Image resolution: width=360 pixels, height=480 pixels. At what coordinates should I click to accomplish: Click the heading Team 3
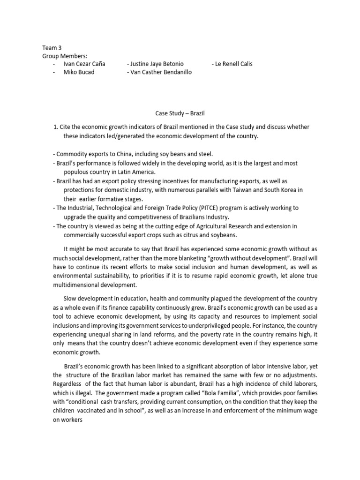pyautogui.click(x=52, y=48)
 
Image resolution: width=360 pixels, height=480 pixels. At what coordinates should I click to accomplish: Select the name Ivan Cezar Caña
pyautogui.click(x=84, y=64)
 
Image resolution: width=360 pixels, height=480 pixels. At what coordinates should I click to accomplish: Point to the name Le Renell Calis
pyautogui.click(x=232, y=64)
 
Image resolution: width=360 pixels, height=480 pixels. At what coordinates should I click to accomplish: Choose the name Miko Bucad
pyautogui.click(x=79, y=72)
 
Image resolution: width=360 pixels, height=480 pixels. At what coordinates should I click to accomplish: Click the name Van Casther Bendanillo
pyautogui.click(x=159, y=72)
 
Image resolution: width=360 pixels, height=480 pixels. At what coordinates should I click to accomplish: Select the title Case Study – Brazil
pyautogui.click(x=180, y=113)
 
